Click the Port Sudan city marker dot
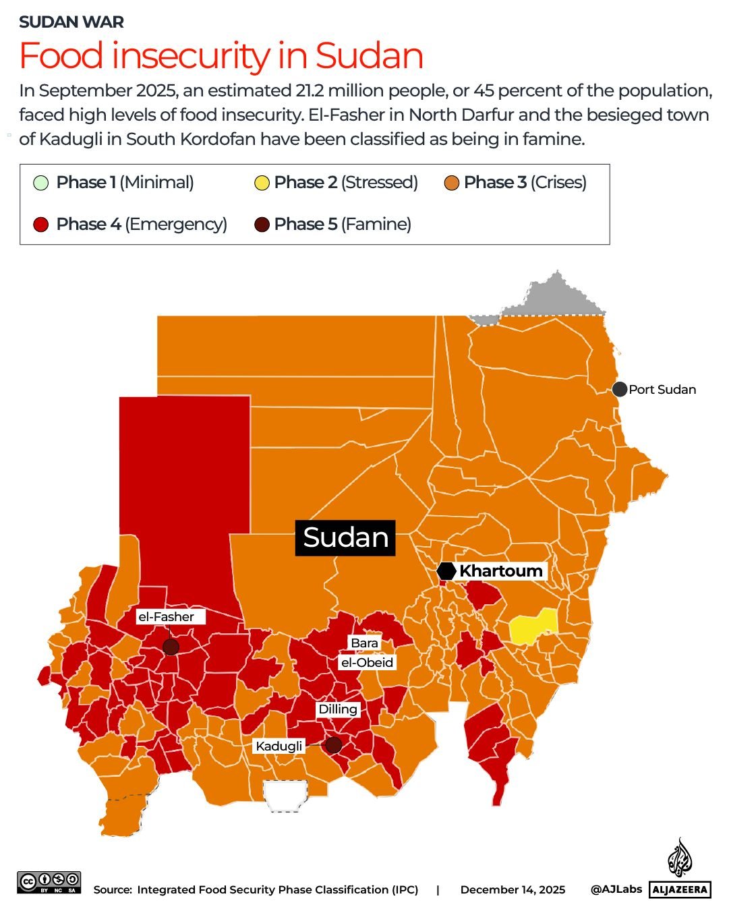tap(620, 389)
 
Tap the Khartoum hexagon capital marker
tap(446, 571)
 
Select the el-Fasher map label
tap(166, 616)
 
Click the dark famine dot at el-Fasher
tap(171, 647)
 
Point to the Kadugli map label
tap(279, 746)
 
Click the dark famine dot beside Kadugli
tap(333, 745)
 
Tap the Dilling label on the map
tap(338, 709)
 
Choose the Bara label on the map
tap(364, 643)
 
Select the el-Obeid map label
tap(367, 662)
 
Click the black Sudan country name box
tap(345, 537)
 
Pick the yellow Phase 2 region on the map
tap(533, 626)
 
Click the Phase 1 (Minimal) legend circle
tap(41, 183)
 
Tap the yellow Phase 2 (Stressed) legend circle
tap(262, 183)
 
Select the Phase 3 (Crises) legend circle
tap(452, 183)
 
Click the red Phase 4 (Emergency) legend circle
tap(41, 225)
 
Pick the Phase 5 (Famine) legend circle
tap(262, 225)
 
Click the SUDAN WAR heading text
tap(71, 22)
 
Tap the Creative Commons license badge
tap(49, 882)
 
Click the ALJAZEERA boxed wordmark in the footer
tap(680, 889)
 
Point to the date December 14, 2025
tap(513, 889)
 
